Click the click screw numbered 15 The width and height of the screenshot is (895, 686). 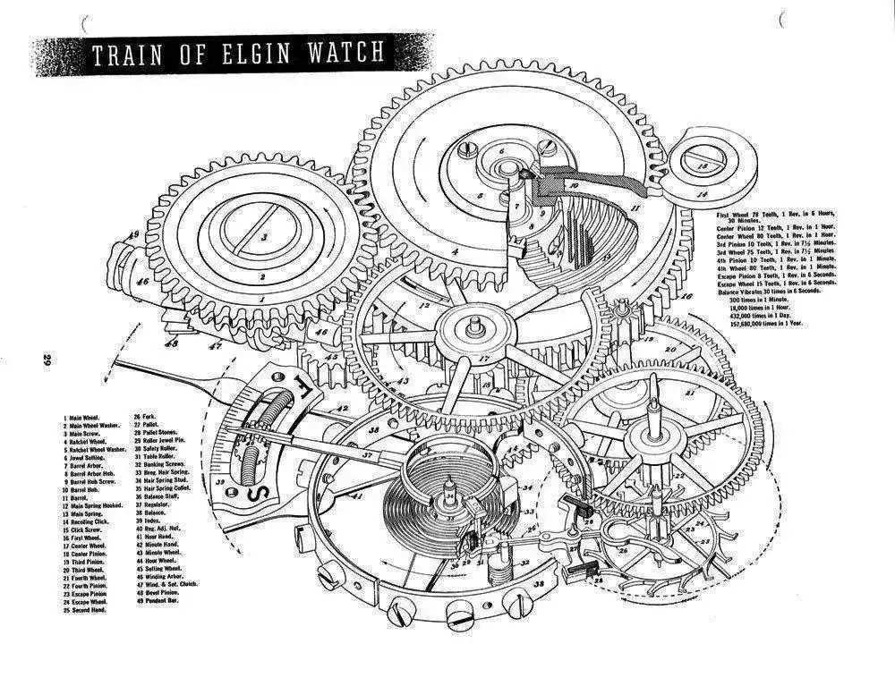(x=709, y=166)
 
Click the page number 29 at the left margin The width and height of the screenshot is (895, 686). (x=46, y=361)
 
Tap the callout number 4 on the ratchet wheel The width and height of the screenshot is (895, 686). (x=456, y=251)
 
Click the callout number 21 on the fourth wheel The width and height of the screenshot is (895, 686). (x=690, y=391)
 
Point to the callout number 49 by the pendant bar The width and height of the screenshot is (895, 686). (x=133, y=235)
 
